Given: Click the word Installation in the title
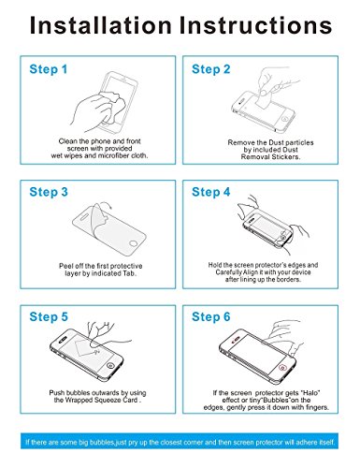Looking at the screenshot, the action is click(x=101, y=25).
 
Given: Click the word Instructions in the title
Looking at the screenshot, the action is click(x=255, y=25).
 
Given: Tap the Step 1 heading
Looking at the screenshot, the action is click(x=49, y=69).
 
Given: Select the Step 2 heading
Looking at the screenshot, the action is click(x=211, y=69).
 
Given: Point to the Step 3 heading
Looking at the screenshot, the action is click(x=49, y=192).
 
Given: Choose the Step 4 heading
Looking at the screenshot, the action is click(x=211, y=192).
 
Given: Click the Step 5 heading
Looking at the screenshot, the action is click(x=49, y=317).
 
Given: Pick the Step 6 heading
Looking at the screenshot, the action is click(x=211, y=317).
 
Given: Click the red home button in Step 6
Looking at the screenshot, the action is click(x=282, y=368).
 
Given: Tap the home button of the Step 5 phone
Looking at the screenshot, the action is click(x=109, y=366).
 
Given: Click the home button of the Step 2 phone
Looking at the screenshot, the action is click(x=284, y=119).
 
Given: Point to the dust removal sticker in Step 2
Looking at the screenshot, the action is click(x=264, y=98).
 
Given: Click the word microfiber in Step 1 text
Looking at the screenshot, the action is click(x=113, y=155).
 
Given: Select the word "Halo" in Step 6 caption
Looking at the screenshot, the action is click(x=310, y=393).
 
